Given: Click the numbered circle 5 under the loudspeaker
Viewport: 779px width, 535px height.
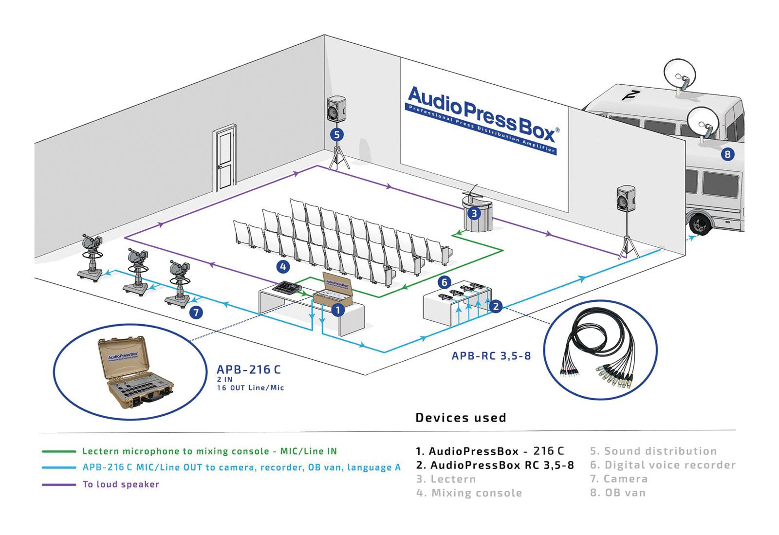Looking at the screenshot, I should [x=336, y=134].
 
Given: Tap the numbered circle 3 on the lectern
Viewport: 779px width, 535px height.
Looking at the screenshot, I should [x=474, y=213].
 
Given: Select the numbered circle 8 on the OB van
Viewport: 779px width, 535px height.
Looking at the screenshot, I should [x=727, y=154].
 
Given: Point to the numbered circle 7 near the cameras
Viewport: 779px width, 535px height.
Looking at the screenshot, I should [x=196, y=312].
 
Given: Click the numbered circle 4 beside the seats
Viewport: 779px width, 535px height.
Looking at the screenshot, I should [x=283, y=266].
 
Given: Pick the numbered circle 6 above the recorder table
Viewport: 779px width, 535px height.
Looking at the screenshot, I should [x=444, y=282].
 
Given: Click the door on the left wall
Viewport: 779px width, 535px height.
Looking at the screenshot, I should [x=225, y=158].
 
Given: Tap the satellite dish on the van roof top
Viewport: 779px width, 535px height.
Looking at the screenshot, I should [x=680, y=73].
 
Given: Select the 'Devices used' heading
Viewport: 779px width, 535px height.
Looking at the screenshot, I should [x=461, y=418].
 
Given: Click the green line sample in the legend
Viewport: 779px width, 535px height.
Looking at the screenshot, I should [x=59, y=451].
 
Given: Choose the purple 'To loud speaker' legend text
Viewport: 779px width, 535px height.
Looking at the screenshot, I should [x=121, y=484].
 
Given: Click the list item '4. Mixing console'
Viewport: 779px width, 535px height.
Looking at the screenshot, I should [x=469, y=493].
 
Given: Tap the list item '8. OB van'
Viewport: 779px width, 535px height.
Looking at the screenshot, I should [x=617, y=493].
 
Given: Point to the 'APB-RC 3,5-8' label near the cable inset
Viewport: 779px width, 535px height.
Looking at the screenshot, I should [x=491, y=356].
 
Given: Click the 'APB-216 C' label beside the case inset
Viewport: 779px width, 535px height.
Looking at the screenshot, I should [x=248, y=369].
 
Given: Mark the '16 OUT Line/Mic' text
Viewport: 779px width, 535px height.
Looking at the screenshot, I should [x=250, y=388].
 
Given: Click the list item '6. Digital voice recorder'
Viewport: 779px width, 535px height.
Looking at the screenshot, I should [x=662, y=465].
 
